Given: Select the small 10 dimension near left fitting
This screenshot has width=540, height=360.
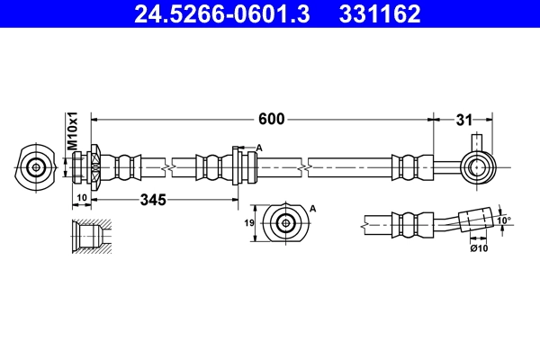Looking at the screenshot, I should click(80, 199).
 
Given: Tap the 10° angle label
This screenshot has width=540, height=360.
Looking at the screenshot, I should click(503, 219).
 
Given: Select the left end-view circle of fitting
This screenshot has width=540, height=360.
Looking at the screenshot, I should click(37, 166).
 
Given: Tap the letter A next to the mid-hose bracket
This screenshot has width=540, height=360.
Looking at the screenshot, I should click(259, 148).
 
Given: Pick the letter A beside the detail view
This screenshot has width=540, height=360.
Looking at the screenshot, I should click(314, 207).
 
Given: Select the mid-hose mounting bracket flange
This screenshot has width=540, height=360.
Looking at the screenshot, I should click(237, 166).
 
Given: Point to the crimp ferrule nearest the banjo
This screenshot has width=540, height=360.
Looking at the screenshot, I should click(407, 166).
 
